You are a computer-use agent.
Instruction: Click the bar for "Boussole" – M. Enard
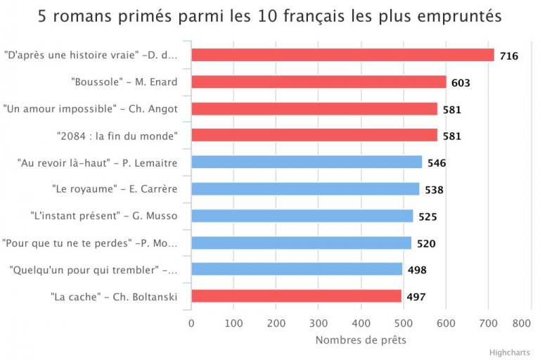point(319,82)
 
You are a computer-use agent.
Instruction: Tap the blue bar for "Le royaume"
point(305,189)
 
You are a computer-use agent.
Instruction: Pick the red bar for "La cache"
point(296,296)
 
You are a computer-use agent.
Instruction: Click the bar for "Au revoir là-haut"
point(307,162)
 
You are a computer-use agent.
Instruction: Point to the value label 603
point(461,83)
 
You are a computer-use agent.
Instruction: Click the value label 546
point(437,163)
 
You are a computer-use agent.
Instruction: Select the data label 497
point(416,297)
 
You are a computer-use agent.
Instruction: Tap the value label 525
point(427,217)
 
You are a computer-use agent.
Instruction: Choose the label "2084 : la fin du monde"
point(117,136)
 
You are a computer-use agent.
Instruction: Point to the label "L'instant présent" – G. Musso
point(104,216)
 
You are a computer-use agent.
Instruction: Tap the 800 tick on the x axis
point(521,323)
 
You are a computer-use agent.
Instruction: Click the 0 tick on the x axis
point(191,323)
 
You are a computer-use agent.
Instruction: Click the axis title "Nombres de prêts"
point(361,340)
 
